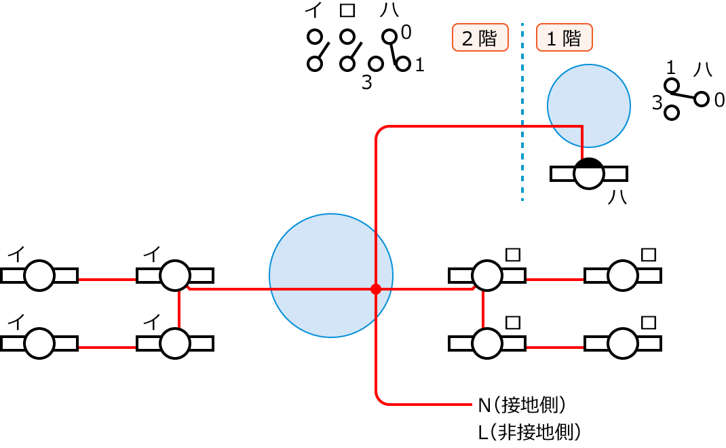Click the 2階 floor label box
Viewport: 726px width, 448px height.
click(480, 38)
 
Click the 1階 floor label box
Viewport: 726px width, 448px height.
click(564, 38)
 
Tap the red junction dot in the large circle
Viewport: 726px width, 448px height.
click(375, 289)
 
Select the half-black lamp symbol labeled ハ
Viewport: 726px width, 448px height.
click(588, 174)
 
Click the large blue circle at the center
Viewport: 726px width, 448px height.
click(330, 276)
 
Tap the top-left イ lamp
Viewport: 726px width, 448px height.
click(39, 276)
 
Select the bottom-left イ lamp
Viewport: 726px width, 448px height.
click(39, 343)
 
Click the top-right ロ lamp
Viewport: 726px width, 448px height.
click(623, 276)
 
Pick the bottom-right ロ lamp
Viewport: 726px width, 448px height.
click(623, 343)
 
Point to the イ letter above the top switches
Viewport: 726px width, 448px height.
click(313, 11)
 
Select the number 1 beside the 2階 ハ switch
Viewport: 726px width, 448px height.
click(419, 65)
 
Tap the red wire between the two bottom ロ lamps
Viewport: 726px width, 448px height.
click(554, 348)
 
